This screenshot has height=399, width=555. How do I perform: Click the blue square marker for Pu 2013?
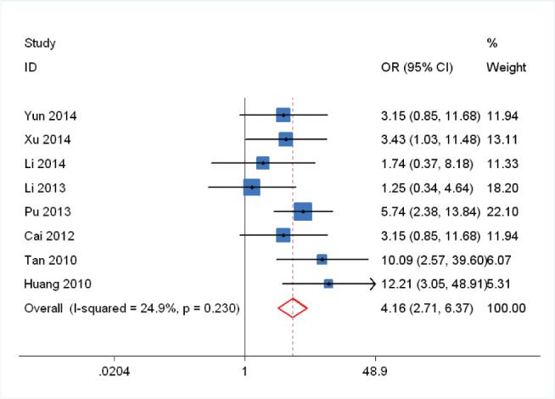[303, 211]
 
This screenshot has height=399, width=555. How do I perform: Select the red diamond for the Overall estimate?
[293, 307]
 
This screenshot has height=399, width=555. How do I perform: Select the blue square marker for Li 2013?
[251, 187]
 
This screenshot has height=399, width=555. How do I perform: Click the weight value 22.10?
[503, 211]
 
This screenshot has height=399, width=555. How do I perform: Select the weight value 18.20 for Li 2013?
[503, 187]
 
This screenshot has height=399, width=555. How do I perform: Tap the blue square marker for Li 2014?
[263, 163]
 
